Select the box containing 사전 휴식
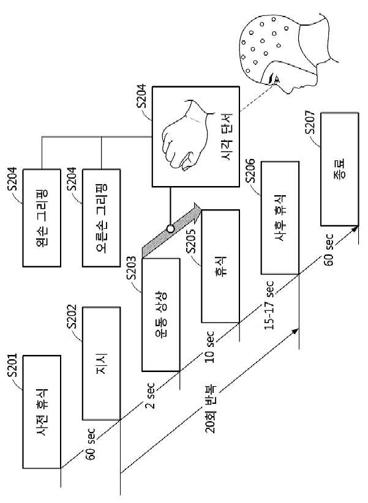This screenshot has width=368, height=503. coord(42,412)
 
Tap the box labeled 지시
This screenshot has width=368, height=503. coord(102,363)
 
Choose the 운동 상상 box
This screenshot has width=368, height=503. coord(161,315)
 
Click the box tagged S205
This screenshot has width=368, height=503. coord(220,266)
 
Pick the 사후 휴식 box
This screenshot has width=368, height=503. coord(280,217)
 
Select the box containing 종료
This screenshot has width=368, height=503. coord(340,169)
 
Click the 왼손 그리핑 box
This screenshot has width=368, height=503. coord(42,218)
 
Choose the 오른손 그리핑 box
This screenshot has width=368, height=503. coord(102,218)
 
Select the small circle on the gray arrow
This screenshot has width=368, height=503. coord(170,229)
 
